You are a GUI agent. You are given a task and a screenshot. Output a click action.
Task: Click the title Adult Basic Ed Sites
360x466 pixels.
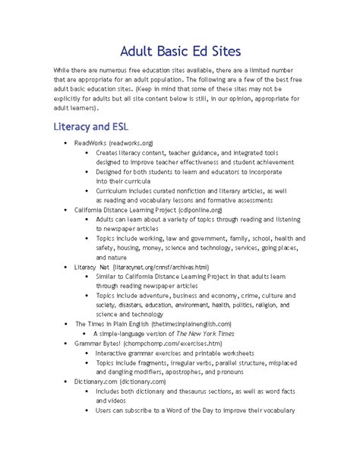pos(180,52)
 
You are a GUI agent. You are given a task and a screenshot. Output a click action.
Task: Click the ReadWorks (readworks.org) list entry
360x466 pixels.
pos(114,142)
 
